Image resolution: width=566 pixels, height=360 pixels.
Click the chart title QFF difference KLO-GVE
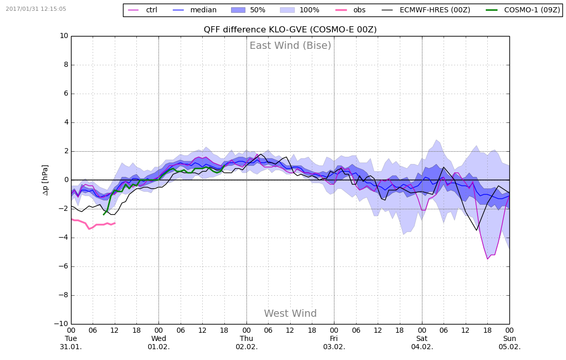pos(290,30)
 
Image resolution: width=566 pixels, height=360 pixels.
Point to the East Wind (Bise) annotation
pos(290,46)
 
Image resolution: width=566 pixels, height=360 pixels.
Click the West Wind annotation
pos(290,314)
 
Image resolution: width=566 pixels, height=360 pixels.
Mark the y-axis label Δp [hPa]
pos(45,180)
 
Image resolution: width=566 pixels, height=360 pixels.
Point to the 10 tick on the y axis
pos(64,36)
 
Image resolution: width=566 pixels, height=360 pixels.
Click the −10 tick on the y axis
pos(62,324)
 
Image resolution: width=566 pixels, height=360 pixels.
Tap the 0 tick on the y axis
pos(66,180)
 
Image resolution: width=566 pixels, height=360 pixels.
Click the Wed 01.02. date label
pos(158,343)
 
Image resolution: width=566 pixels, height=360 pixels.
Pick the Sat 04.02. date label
pos(422,343)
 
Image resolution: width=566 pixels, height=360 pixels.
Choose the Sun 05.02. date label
pos(509,343)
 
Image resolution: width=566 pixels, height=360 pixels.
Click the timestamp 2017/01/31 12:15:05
pos(36,9)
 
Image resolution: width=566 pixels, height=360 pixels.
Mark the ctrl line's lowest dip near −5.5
pos(488,259)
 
